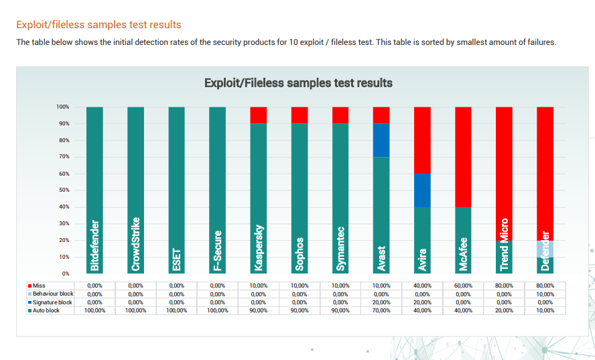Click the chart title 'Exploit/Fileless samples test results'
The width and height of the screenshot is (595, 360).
pos(298,83)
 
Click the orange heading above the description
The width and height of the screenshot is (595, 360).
pos(98,25)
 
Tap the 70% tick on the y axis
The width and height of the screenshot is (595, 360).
pos(64,157)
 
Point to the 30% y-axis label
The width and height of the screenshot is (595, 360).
pos(64,223)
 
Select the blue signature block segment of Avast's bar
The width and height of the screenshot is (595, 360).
pos(381,140)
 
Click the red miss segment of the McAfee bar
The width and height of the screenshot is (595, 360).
pos(463,157)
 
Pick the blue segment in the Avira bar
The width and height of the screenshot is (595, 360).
pos(422,190)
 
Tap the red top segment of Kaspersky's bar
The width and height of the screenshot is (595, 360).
pos(259,115)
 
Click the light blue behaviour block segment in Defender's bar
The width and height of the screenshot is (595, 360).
pos(545,249)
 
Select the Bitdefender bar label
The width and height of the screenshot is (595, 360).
pos(94,245)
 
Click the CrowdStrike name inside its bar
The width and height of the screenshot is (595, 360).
pos(136,244)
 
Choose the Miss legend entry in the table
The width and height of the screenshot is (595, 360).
pos(40,286)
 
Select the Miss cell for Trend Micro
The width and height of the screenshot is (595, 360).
pos(504,286)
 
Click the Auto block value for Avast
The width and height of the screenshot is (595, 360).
pos(381,310)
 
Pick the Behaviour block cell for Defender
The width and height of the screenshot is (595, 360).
pos(545,294)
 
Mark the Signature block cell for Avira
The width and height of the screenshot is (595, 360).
pos(422,302)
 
